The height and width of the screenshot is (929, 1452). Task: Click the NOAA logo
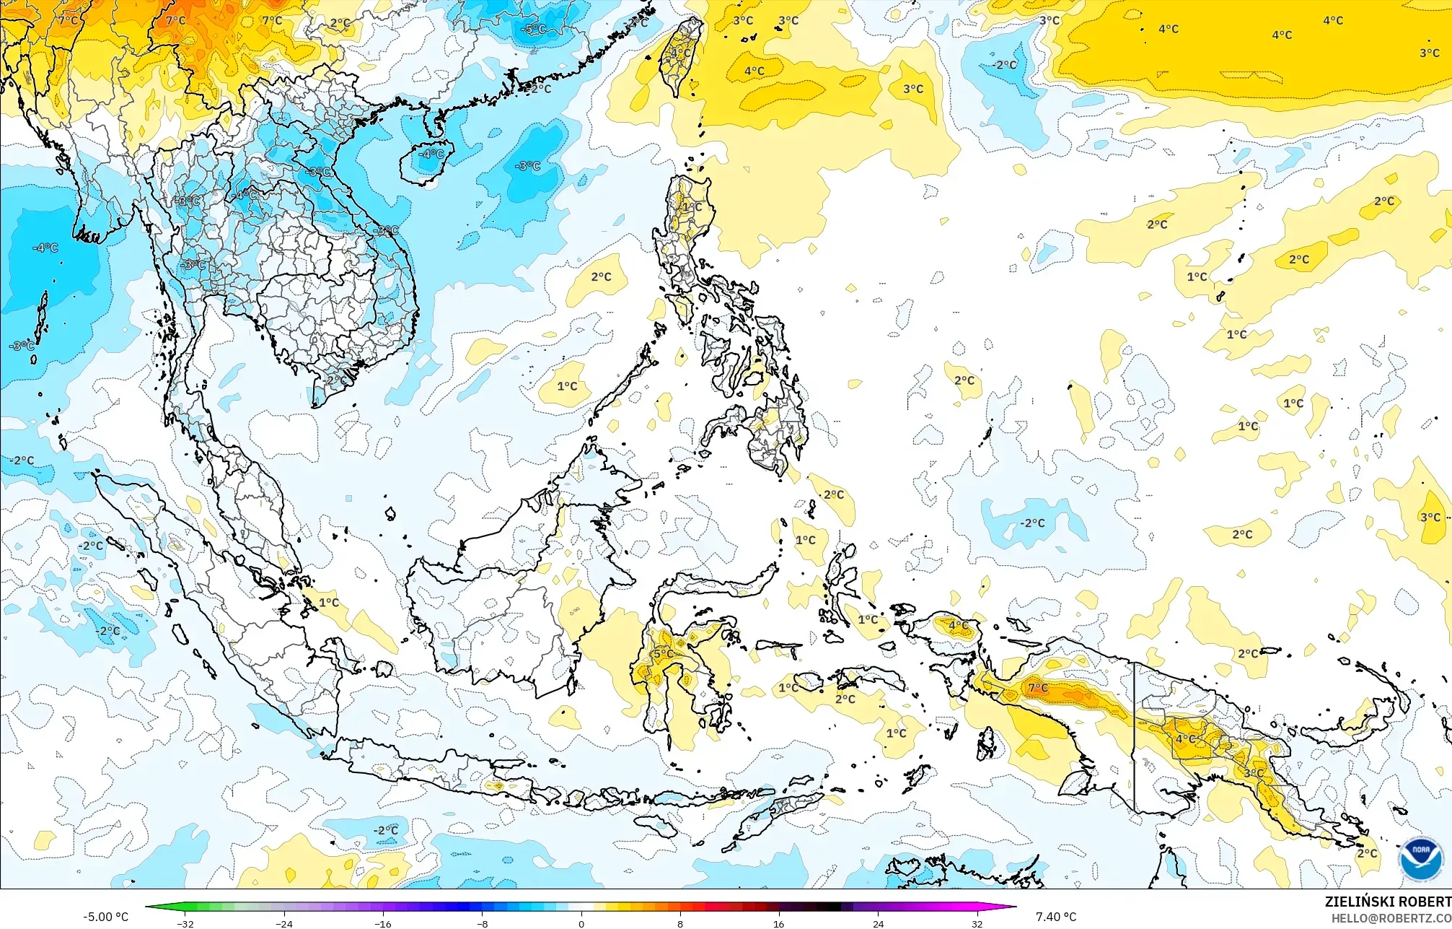(1420, 858)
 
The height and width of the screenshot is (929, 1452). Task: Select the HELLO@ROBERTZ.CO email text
(1391, 918)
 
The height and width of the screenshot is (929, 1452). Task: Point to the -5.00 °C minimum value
(105, 917)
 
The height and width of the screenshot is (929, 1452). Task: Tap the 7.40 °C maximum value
(1056, 917)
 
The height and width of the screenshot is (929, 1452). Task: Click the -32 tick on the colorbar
(185, 923)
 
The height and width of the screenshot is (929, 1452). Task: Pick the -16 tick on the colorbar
(383, 923)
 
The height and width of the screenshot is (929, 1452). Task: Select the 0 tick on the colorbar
(581, 923)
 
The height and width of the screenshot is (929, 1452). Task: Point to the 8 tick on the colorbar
(680, 923)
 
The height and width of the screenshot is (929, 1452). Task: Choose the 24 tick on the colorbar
(878, 923)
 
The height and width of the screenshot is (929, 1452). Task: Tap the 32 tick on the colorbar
(977, 923)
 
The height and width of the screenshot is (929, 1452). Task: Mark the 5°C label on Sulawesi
(663, 654)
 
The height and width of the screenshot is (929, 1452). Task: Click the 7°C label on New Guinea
(1038, 688)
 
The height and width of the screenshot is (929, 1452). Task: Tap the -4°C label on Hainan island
(433, 154)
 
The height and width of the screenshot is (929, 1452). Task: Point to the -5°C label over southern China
(534, 30)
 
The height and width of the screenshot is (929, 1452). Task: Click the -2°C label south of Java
(386, 830)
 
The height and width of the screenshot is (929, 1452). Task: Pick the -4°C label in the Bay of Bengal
(45, 248)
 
